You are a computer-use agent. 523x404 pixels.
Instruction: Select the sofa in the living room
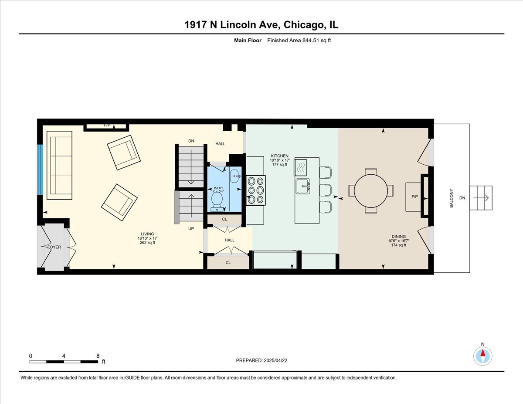point(60,165)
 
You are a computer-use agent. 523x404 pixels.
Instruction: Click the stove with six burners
point(256,190)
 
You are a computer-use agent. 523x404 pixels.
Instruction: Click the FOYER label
point(54,247)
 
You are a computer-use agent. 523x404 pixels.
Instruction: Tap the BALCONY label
point(452,198)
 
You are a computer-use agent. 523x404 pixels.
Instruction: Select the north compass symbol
point(482,356)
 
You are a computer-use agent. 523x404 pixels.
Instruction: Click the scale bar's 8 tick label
point(97,356)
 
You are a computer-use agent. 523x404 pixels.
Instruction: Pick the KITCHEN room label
point(279,156)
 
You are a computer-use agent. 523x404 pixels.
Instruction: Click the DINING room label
point(397,237)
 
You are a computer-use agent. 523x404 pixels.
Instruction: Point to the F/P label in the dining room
point(414,197)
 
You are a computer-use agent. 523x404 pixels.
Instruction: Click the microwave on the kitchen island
point(301,167)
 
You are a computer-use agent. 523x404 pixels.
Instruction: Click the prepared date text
point(262,360)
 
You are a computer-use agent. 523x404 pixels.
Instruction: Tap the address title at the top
point(261,25)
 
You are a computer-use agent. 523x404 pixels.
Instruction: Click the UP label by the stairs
point(191,228)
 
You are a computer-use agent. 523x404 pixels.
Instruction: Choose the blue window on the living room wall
point(40,170)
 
